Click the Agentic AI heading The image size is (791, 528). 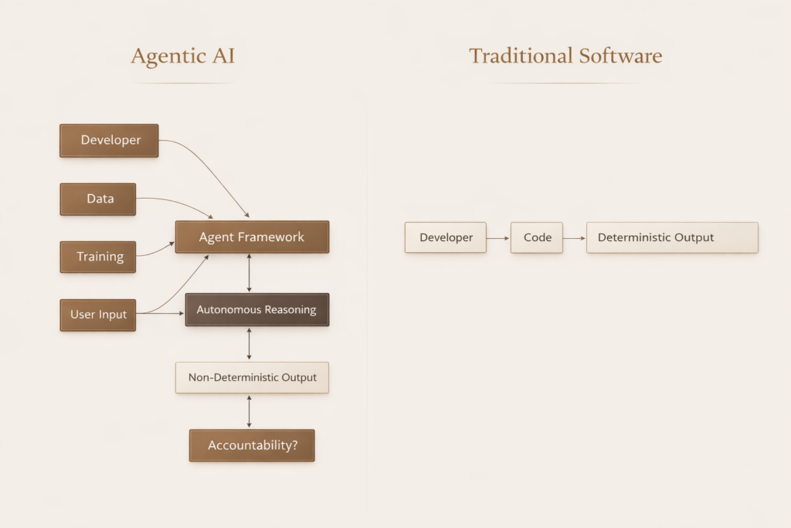182,56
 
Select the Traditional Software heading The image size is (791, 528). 565,56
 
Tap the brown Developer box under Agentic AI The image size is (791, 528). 109,141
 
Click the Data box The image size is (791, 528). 98,199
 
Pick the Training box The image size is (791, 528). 98,257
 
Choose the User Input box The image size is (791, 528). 98,315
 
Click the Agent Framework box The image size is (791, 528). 252,237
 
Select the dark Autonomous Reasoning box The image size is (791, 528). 256,309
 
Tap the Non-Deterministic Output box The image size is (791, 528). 252,377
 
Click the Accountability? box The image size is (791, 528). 252,445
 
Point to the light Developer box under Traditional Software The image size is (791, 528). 446,237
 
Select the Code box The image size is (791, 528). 537,237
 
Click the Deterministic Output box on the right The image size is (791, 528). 672,237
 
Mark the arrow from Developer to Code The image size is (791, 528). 498,237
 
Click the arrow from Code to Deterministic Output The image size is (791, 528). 575,237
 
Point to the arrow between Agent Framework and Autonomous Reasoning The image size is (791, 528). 249,273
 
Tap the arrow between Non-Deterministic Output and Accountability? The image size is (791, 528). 249,411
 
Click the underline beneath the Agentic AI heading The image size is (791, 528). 182,83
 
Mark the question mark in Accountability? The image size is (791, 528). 294,445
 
